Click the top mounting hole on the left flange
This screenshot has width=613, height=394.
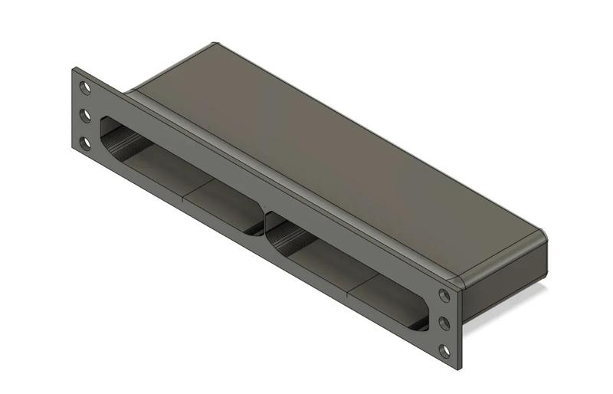(x=85, y=88)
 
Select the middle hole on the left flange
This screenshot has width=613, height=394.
(x=85, y=116)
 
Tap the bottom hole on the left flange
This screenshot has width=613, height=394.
(x=85, y=143)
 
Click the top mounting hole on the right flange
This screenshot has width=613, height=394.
(x=444, y=296)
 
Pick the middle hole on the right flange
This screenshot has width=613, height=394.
(x=444, y=323)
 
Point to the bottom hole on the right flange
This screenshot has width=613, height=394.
(x=444, y=351)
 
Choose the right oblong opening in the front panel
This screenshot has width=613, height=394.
(x=345, y=268)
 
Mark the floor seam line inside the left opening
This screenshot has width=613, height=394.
(x=185, y=192)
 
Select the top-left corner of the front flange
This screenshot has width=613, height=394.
(x=74, y=70)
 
